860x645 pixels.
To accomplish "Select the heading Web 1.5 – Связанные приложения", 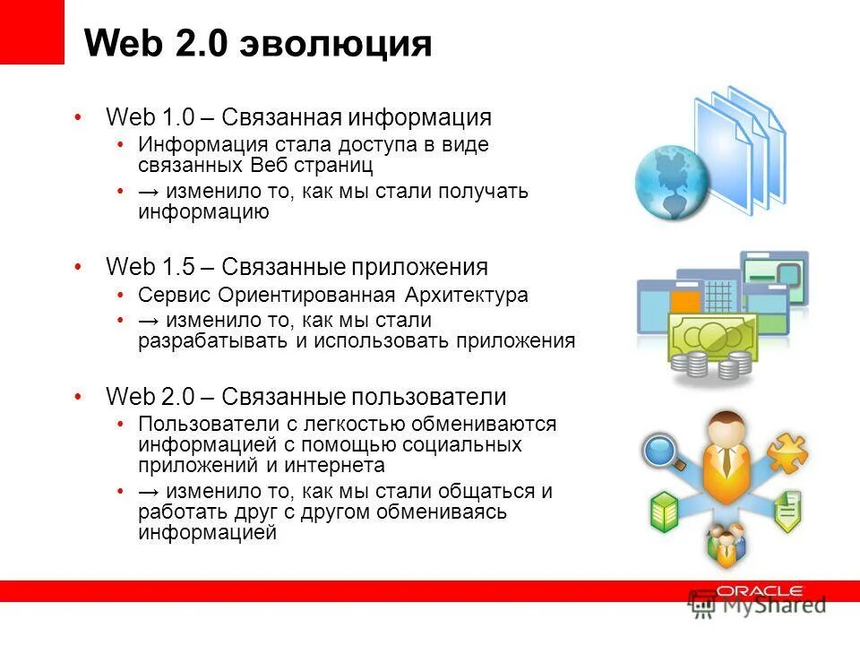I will coord(297,266).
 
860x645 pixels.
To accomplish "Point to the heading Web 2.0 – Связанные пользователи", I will coord(305,397).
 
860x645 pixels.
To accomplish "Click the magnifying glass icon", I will coord(664,451).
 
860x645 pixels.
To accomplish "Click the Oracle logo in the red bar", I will coord(760,591).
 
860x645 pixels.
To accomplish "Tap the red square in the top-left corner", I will coord(32,32).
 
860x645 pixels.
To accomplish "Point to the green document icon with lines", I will coord(787,511).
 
